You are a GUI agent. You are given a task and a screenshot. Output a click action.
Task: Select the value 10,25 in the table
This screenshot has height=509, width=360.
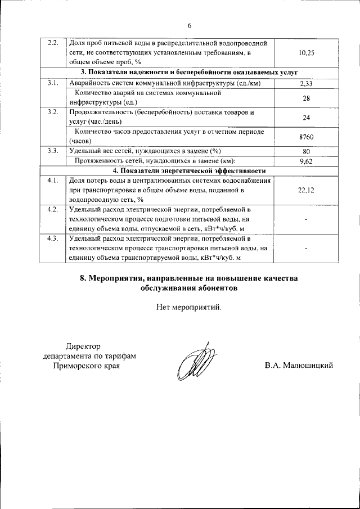307,52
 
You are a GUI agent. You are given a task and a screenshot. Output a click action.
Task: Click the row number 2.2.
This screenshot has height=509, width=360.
53,43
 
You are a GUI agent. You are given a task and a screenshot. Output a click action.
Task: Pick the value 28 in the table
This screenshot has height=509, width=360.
307,98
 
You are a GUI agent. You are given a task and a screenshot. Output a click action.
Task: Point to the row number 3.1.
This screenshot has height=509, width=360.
53,83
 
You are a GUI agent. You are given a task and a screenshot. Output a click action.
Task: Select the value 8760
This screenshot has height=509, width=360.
307,136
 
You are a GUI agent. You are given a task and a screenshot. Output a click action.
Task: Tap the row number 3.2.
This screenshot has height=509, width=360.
53,112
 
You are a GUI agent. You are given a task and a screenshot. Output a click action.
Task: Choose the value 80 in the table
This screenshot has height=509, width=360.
307,151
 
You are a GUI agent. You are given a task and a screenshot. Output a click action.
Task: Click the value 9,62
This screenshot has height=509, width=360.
307,161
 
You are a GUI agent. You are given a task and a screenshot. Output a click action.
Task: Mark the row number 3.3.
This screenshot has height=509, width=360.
53,151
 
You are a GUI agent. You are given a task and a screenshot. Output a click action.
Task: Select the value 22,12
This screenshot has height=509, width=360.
307,191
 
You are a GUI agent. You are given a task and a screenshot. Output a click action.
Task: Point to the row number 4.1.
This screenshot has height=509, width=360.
53,181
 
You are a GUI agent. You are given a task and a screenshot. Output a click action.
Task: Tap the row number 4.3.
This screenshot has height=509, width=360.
53,239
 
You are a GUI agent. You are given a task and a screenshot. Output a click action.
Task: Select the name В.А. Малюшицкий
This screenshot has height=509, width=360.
299,366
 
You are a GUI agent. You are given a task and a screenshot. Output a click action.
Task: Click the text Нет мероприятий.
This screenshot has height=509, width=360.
190,307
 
